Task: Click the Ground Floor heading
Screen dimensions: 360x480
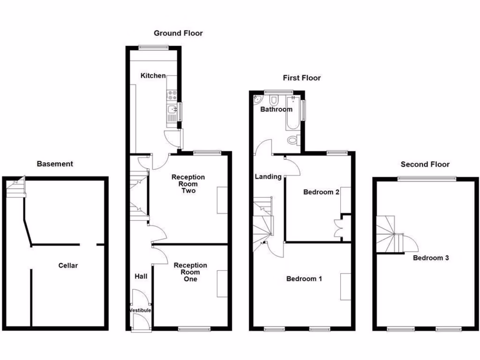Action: pyautogui.click(x=178, y=33)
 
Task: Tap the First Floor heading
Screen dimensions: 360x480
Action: pyautogui.click(x=302, y=78)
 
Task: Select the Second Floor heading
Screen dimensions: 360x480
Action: pyautogui.click(x=425, y=164)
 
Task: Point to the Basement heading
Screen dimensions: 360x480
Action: pyautogui.click(x=55, y=164)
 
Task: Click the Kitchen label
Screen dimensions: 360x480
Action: pyautogui.click(x=153, y=75)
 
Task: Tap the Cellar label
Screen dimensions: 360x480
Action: pyautogui.click(x=68, y=265)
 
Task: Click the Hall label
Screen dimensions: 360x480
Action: pyautogui.click(x=141, y=276)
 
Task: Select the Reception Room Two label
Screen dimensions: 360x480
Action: pyautogui.click(x=188, y=184)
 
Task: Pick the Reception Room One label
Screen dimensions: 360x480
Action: pyautogui.click(x=190, y=272)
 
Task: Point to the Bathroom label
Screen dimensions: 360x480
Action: pyautogui.click(x=276, y=109)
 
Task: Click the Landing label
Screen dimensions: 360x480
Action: pyautogui.click(x=268, y=177)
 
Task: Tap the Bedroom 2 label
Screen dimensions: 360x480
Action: pyautogui.click(x=321, y=192)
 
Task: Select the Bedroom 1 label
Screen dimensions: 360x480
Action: pyautogui.click(x=304, y=279)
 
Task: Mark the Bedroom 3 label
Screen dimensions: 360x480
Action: pyautogui.click(x=431, y=258)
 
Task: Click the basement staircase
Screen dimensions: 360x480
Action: pyautogui.click(x=16, y=187)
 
